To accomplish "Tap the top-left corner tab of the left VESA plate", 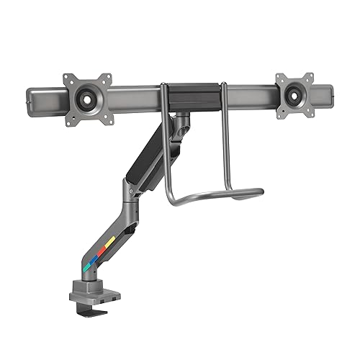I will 68,77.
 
